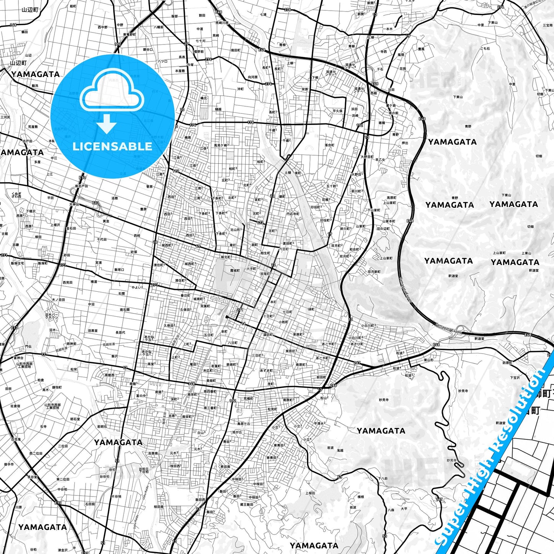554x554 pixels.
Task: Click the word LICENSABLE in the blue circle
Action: pyautogui.click(x=112, y=146)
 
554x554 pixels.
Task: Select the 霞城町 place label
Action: pyautogui.click(x=235, y=270)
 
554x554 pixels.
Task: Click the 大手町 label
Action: pyautogui.click(x=252, y=269)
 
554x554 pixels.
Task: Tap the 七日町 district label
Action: pyautogui.click(x=287, y=312)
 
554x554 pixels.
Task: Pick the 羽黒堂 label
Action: pyautogui.click(x=92, y=330)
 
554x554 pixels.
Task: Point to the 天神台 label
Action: pyautogui.click(x=74, y=204)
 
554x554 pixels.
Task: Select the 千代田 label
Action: pyautogui.click(x=102, y=239)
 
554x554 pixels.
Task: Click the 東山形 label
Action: pyautogui.click(x=428, y=360)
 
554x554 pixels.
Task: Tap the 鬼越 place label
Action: pyautogui.click(x=340, y=450)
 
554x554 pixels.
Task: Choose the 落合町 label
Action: pyautogui.click(x=329, y=145)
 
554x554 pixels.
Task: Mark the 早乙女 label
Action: pyautogui.click(x=380, y=160)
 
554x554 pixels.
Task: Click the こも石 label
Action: pyautogui.click(x=485, y=49)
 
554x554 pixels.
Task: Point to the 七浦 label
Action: pyautogui.click(x=263, y=15)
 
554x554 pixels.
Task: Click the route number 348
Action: pyautogui.click(x=191, y=383)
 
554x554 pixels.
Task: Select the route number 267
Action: pyautogui.click(x=357, y=362)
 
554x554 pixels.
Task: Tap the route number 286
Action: pyautogui.click(x=333, y=385)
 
